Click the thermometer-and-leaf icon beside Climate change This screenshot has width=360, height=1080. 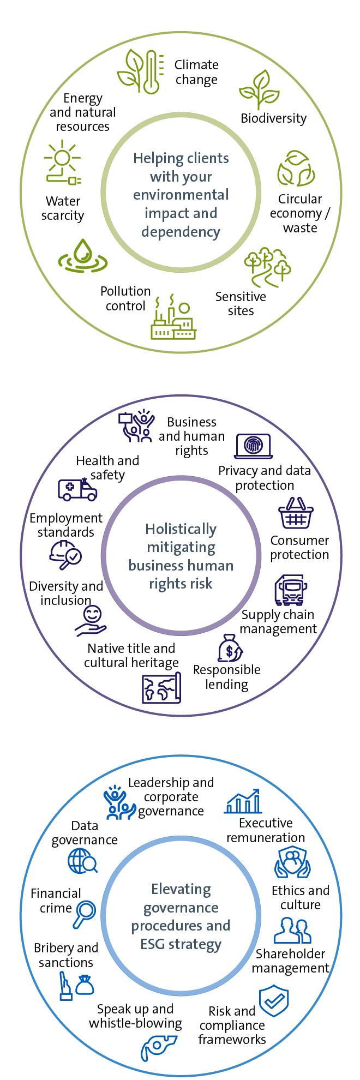click(x=140, y=71)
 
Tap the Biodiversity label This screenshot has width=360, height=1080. click(x=273, y=118)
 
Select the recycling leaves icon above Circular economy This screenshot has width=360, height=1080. click(x=296, y=169)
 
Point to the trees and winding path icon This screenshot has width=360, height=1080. click(x=268, y=267)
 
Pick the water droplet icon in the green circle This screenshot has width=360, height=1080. click(x=82, y=256)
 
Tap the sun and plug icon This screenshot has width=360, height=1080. click(x=63, y=163)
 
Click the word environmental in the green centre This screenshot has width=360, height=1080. click(x=181, y=195)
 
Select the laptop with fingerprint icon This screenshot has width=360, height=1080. click(x=254, y=446)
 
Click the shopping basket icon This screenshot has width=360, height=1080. click(x=296, y=513)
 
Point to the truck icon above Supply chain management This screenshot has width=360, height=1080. click(x=291, y=590)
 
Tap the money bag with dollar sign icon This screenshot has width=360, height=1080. click(x=230, y=648)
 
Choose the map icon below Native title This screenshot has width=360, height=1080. click(x=161, y=688)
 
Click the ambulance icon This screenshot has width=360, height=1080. click(x=77, y=489)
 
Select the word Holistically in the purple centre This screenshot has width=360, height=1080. click(x=181, y=529)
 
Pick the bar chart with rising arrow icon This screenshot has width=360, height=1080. click(x=244, y=801)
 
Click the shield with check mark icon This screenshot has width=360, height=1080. click(x=274, y=1001)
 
